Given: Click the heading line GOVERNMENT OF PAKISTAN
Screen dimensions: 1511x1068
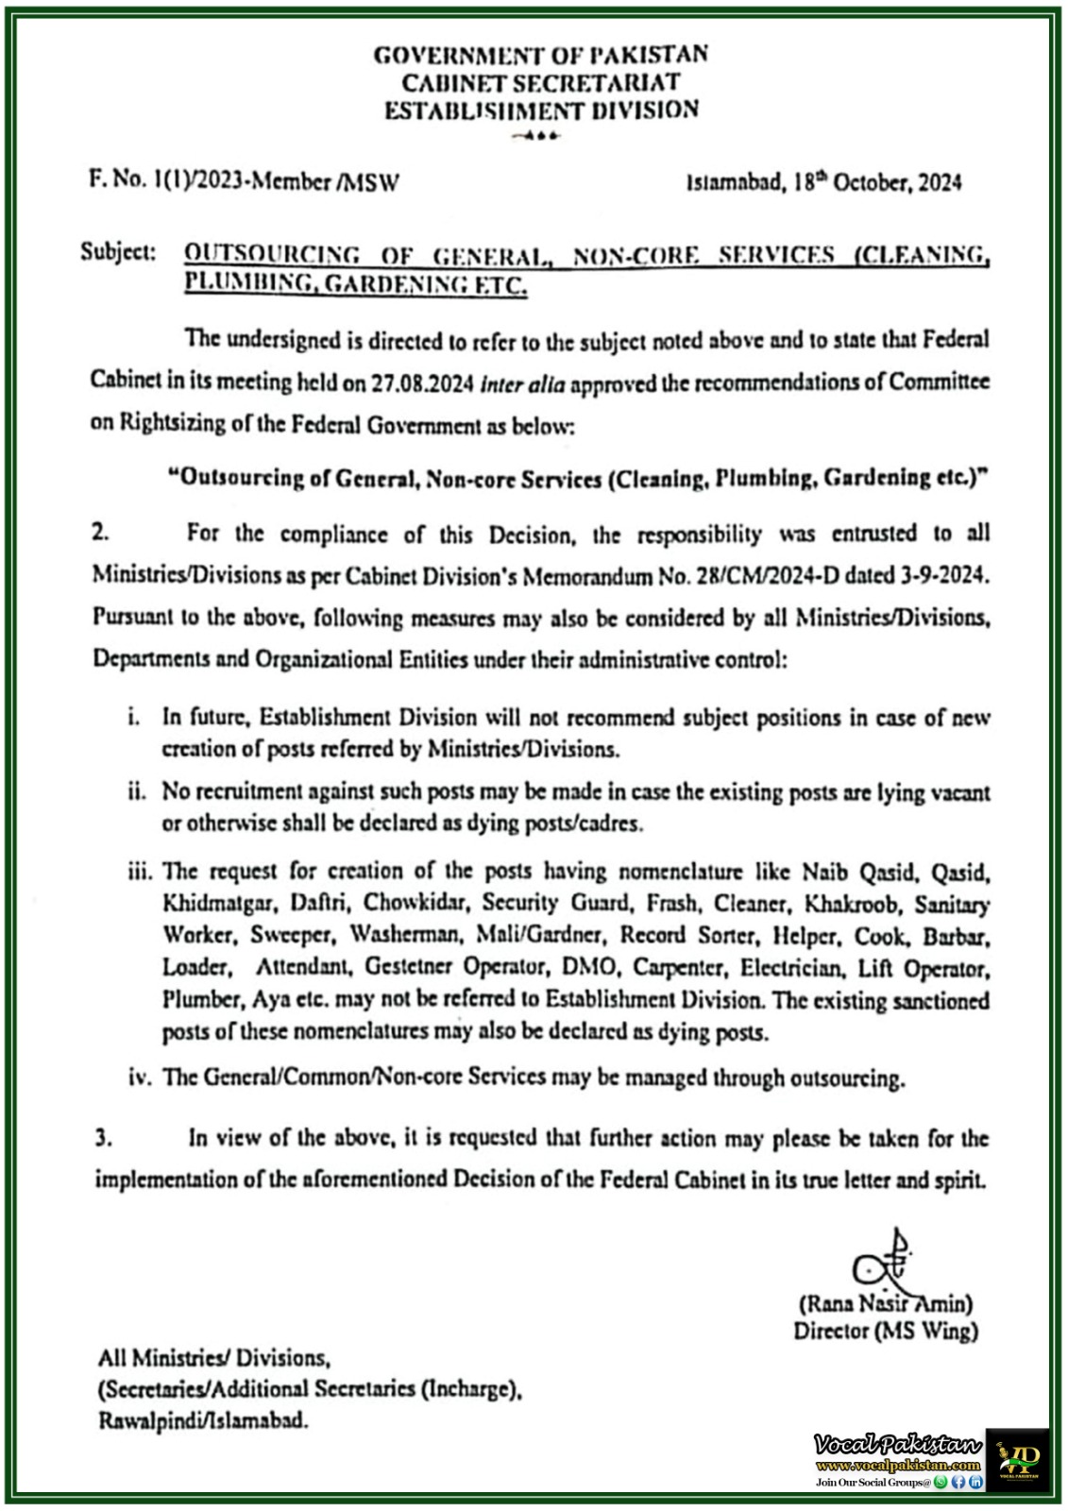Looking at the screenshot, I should (541, 55).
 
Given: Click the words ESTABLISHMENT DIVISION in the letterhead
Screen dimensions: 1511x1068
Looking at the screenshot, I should (541, 110).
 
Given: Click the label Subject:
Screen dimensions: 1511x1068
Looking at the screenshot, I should (118, 253).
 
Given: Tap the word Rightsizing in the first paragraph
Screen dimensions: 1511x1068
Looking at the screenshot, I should (170, 423).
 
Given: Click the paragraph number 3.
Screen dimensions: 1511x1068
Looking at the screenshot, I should (103, 1139).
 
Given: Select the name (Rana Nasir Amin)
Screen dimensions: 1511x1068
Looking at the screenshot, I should (885, 1305).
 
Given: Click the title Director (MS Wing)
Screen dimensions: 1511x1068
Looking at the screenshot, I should (885, 1332).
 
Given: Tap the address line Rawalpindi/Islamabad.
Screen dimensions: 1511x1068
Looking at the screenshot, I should (203, 1420).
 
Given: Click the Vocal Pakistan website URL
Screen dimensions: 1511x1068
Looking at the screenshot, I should (898, 1465).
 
